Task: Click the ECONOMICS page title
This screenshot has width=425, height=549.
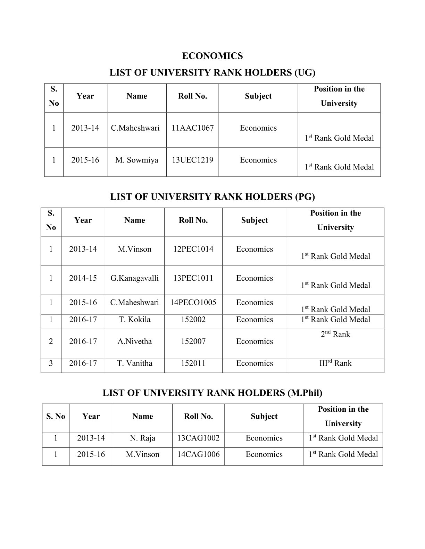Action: [x=212, y=56]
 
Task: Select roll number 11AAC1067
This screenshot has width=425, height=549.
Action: [x=193, y=128]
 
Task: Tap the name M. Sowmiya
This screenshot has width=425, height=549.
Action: [x=137, y=160]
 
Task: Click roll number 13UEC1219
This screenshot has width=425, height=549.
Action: [x=193, y=160]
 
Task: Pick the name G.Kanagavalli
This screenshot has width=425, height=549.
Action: [x=135, y=278]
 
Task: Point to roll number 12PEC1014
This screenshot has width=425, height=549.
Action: [x=193, y=249]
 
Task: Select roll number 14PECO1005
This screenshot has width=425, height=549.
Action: [x=193, y=303]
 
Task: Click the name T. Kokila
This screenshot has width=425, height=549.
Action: [x=135, y=320]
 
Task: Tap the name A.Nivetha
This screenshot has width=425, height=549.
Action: [x=135, y=341]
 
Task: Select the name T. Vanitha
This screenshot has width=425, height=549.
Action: [x=135, y=363]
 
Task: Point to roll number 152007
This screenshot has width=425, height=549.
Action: [x=193, y=341]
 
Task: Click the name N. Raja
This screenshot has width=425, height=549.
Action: [x=143, y=438]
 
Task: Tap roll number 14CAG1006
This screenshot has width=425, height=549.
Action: [x=198, y=454]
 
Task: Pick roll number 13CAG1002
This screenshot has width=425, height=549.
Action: [x=198, y=438]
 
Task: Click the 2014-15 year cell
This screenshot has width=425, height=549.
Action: [x=83, y=278]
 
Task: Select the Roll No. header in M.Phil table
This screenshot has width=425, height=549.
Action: [x=198, y=417]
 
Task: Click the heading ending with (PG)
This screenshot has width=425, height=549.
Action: [x=212, y=197]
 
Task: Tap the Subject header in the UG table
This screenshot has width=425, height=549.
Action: [x=258, y=96]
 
